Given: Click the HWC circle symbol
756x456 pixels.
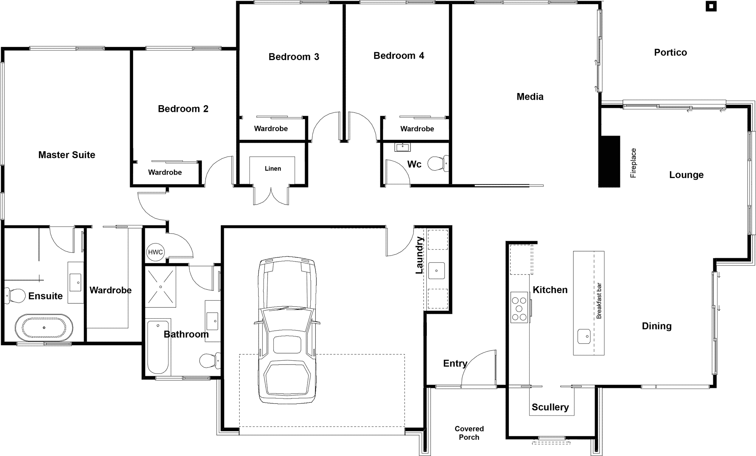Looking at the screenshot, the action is coord(155,252).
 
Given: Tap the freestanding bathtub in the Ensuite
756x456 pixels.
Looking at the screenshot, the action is coord(44,327).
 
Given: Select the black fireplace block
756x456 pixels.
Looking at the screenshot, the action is coord(609,161).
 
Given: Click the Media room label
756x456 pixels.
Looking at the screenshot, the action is coord(530,97).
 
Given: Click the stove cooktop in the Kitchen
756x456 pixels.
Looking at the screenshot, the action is coord(519,307).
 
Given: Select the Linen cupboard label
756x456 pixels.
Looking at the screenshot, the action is coord(273,169).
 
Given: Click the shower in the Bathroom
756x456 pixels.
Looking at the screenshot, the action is coord(161,287).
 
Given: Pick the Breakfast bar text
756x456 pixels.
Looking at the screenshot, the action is coord(599,301).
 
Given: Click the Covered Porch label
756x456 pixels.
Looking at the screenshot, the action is coord(469,433).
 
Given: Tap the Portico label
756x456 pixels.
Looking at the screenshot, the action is coord(671,53).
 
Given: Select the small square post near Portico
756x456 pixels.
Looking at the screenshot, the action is coord(711,6).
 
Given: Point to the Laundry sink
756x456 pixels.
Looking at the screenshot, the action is coord(437,271).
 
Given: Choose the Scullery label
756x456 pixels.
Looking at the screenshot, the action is coord(550,407).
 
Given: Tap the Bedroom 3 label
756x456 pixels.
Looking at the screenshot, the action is coord(294,57).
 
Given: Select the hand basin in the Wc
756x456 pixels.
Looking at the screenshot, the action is coord(403,147).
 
